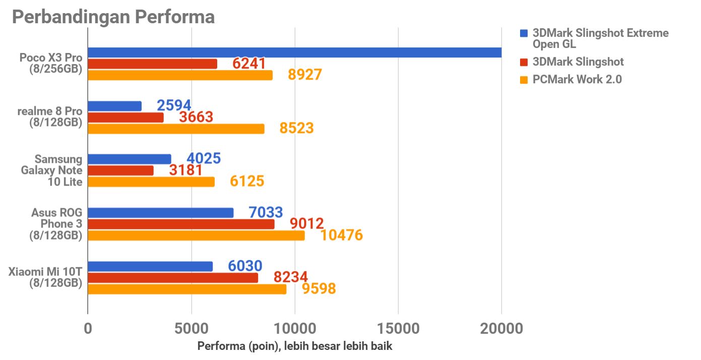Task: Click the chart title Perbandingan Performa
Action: pos(113,17)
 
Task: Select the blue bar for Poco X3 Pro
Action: pos(294,52)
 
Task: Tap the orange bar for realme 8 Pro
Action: pos(176,129)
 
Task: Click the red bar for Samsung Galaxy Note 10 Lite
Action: pos(120,170)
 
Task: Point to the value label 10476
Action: pos(341,235)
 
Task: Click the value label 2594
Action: pos(174,105)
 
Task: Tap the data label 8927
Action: pos(304,75)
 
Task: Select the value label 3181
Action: pos(186,170)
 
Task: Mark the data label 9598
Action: pos(318,288)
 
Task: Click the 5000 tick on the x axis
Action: pos(191,329)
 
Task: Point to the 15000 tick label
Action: pos(398,329)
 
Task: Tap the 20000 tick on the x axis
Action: pos(501,329)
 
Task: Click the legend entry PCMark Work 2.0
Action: pos(577,79)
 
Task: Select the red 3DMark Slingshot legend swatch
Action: pos(524,62)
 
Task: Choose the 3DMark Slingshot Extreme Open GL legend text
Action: pos(600,38)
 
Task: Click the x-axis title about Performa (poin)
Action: pos(295,346)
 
